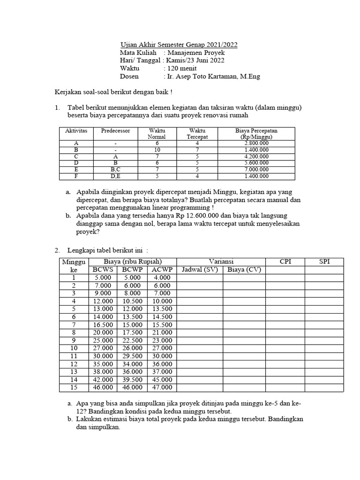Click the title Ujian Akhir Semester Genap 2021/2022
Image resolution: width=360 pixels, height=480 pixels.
click(179, 45)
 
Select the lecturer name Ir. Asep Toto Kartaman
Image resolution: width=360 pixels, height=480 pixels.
click(211, 77)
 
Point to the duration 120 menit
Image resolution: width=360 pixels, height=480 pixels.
click(179, 69)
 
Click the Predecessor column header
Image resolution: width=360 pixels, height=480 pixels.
click(116, 131)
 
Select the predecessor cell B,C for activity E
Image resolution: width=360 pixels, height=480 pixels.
click(116, 170)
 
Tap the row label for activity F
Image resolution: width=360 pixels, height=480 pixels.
click(76, 176)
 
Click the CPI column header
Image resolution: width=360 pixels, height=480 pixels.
click(285, 262)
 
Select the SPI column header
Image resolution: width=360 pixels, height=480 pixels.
click(324, 262)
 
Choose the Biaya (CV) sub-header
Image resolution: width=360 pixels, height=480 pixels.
click(244, 270)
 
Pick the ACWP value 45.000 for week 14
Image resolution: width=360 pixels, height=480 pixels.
click(162, 380)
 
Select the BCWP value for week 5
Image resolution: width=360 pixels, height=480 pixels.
click(132, 309)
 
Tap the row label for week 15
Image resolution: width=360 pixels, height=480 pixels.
click(74, 388)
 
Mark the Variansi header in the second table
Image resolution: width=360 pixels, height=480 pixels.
click(221, 262)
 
